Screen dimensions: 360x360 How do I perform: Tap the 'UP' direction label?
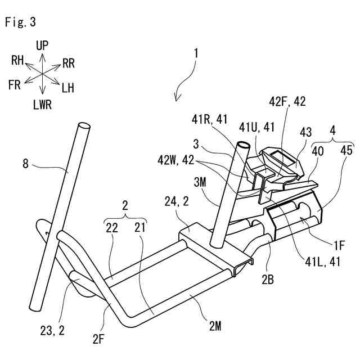point(43,46)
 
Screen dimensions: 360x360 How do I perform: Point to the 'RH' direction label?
point(17,60)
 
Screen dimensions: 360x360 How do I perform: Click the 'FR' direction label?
point(14,85)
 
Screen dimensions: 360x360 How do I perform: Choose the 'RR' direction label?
point(69,63)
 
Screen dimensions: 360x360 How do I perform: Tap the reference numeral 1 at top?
point(196,54)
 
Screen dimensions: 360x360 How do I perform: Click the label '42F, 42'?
point(287,102)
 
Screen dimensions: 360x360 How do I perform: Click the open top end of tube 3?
point(244,145)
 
